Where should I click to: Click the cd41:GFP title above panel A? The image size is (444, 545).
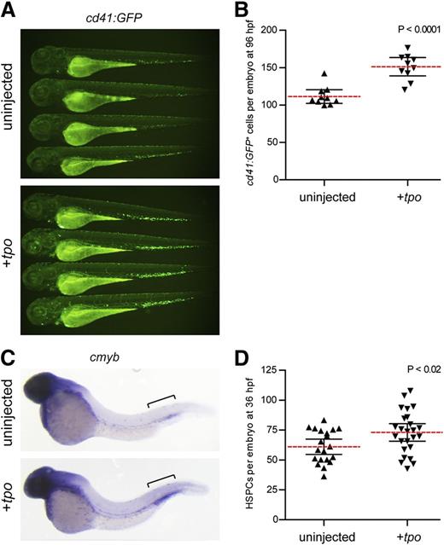click(x=119, y=11)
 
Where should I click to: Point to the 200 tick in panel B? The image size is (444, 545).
click(x=270, y=31)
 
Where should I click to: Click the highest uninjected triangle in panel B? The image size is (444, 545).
click(x=323, y=75)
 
